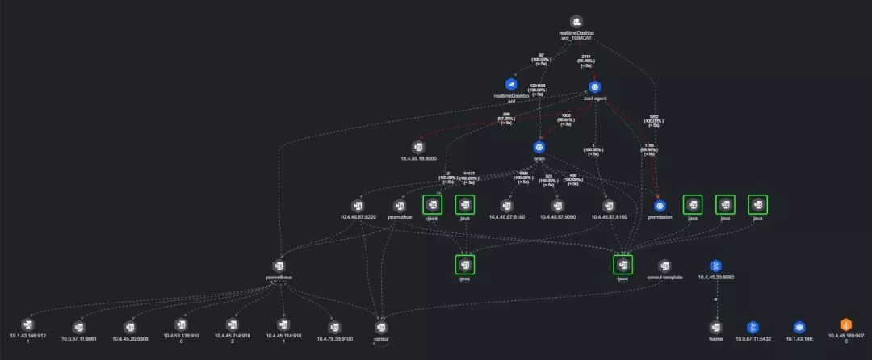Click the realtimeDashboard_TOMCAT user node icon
pos(576,22)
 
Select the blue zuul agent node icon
pos(595,86)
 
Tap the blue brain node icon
pos(539,147)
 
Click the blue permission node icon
pos(660,205)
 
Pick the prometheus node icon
pos(279,266)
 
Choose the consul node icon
pos(382,327)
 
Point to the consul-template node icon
pos(664,266)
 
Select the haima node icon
pos(715,327)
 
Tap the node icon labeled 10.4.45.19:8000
pos(418,147)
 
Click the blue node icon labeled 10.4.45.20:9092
pos(715,266)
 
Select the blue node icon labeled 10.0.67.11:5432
pos(753,327)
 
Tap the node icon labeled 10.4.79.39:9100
pos(335,327)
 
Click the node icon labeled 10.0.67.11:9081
pos(79,327)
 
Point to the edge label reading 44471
pos(467,173)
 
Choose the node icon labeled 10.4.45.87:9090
pos(557,205)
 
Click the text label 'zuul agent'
pos(595,98)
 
